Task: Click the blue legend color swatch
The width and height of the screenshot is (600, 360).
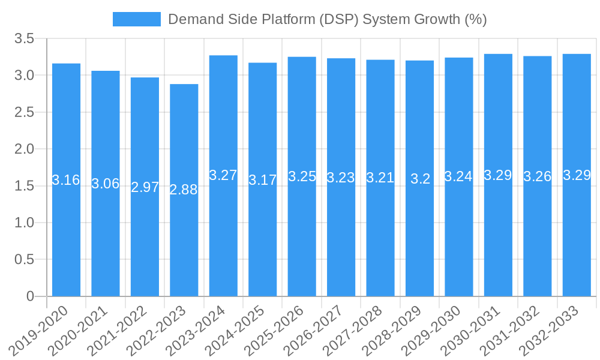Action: pos(137,19)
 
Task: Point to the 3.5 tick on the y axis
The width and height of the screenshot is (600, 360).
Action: pos(25,38)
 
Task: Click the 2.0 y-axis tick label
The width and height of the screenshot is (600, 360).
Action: pos(25,149)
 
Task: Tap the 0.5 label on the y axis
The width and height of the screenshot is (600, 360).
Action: pos(25,259)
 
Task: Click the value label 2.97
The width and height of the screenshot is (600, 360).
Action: pos(145,187)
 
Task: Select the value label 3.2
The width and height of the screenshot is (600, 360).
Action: pos(420,179)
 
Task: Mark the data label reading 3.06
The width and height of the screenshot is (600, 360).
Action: pos(106,184)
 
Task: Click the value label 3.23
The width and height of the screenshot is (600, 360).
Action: pos(341,178)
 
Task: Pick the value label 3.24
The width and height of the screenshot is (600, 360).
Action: pos(458,176)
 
